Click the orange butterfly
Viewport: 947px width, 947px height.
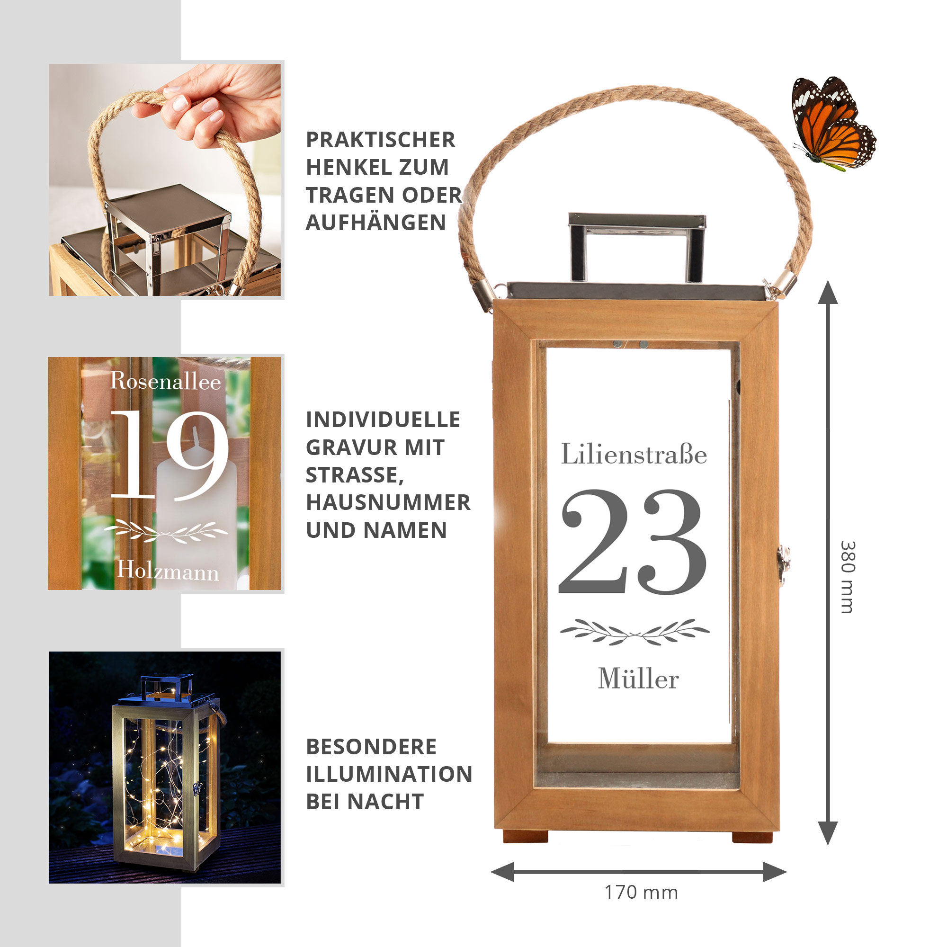[x=832, y=124]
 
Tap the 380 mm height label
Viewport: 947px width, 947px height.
[x=848, y=577]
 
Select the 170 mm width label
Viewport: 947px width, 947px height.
[x=641, y=893]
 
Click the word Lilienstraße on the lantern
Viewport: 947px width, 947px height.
[x=634, y=454]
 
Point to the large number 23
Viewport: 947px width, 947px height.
[x=633, y=541]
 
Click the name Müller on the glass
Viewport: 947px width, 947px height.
[x=638, y=679]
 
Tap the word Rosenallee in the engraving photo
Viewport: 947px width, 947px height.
[x=165, y=381]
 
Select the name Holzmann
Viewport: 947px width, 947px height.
[x=168, y=571]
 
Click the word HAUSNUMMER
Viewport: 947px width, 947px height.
[x=388, y=502]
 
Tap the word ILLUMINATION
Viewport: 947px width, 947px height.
[x=389, y=775]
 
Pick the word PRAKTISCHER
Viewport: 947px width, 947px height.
[x=381, y=140]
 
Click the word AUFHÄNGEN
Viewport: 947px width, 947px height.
[x=376, y=223]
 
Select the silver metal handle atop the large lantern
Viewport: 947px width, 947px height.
[x=637, y=248]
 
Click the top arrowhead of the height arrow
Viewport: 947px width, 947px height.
[x=828, y=292]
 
